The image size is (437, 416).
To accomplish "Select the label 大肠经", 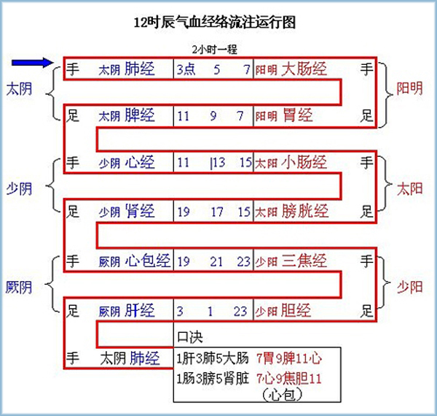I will tap(304, 70).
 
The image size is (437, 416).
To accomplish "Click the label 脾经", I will tap(139, 115).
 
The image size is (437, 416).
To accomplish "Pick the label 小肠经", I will tap(304, 162).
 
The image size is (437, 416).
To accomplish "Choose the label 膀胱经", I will tap(304, 212).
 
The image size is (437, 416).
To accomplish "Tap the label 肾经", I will tap(139, 212).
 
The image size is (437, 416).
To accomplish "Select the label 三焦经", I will tap(304, 260).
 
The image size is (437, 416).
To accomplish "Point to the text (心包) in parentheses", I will tap(280, 395).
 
